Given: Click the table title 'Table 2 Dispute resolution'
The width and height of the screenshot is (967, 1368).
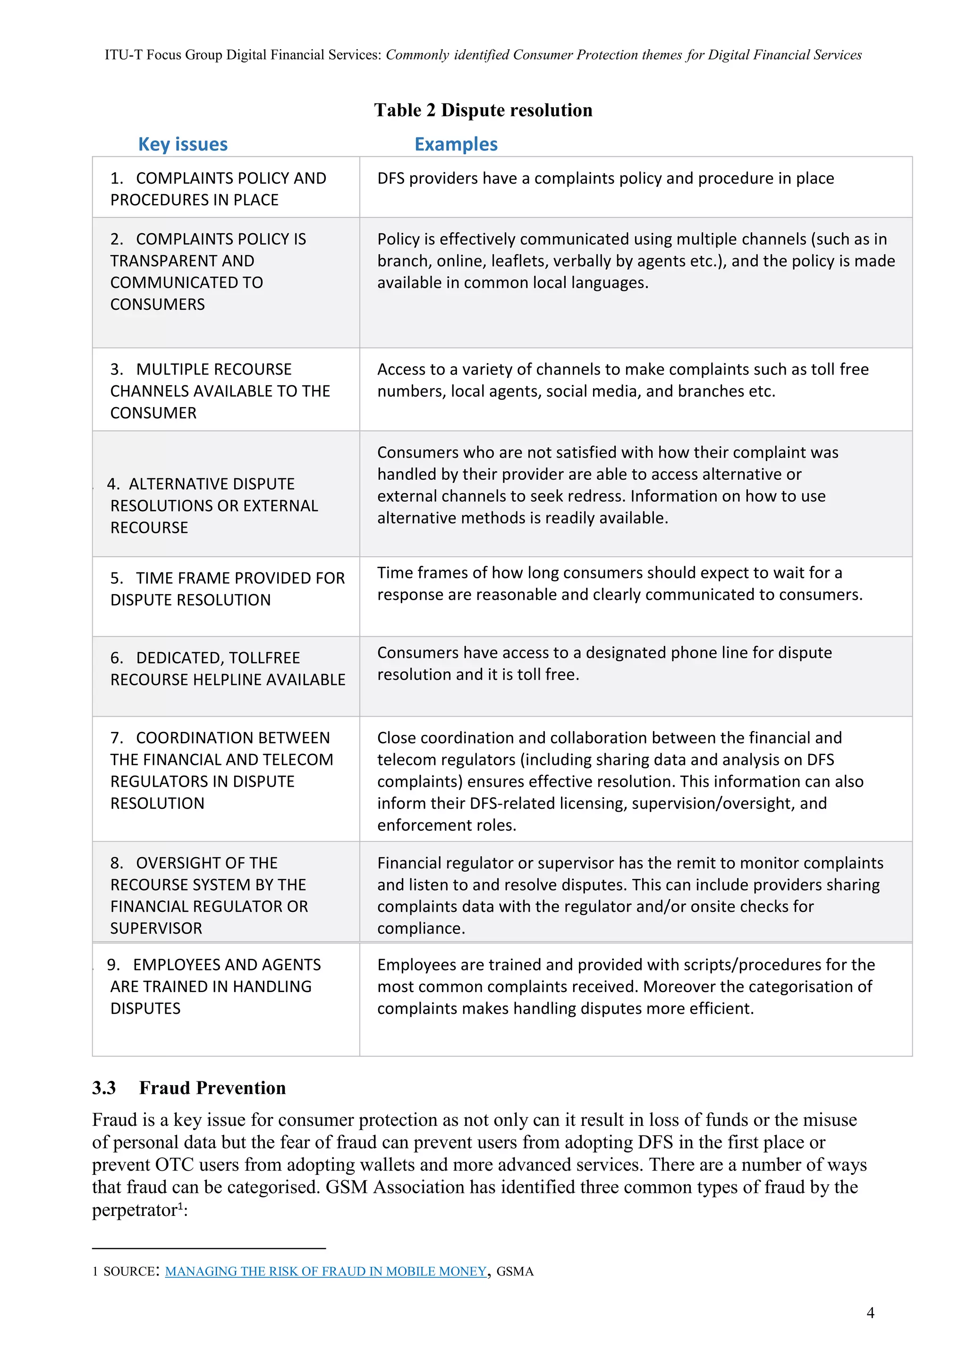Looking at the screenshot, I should coord(483,110).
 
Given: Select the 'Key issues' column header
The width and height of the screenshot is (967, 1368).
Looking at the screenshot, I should coord(182,144).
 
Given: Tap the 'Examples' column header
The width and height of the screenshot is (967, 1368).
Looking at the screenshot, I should coord(456,144).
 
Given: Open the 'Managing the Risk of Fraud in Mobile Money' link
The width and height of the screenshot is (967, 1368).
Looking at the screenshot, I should coord(325,1271).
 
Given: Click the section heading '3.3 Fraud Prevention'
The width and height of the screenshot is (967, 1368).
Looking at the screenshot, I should coord(189,1088).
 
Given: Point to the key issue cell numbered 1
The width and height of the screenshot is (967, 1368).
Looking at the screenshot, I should coord(218,188).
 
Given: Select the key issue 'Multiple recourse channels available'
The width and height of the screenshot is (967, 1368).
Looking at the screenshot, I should coord(219,391).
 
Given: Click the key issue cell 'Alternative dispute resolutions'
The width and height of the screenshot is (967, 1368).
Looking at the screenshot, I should coord(213,505).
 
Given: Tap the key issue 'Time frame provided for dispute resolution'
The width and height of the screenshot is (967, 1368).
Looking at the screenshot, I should coord(227,589).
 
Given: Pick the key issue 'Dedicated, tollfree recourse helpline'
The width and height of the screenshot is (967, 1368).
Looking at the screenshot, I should coord(227,669).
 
